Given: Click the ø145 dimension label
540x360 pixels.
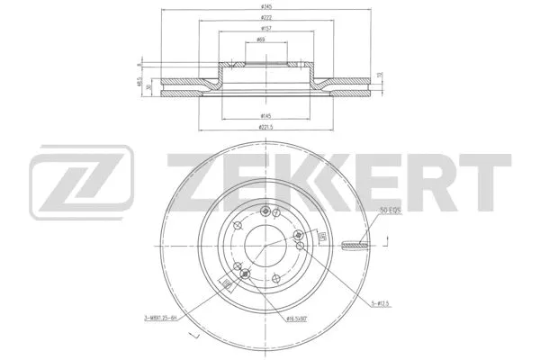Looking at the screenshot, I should pos(265,117).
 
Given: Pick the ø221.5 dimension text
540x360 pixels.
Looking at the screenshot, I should pos(265,129).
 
